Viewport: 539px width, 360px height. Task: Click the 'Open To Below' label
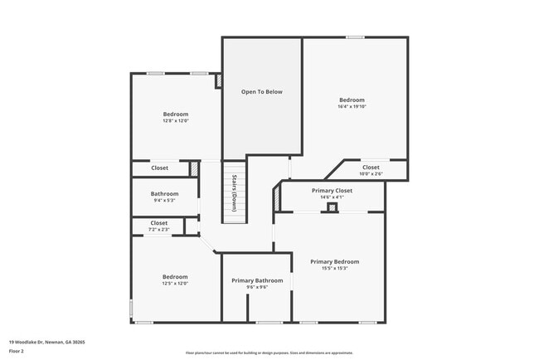pos(262,91)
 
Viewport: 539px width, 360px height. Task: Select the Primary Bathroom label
pos(255,280)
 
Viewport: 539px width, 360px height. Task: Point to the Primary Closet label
pos(332,191)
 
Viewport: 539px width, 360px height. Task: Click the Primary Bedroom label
pos(334,261)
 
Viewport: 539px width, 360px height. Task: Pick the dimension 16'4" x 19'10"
pos(352,107)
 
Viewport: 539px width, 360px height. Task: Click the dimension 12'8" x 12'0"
pos(175,121)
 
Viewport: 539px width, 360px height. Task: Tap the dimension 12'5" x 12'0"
pos(175,284)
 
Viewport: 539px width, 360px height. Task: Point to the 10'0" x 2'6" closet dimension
pos(371,174)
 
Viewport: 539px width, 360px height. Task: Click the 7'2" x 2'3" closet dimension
pos(158,229)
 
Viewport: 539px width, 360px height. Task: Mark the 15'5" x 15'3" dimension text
pos(334,268)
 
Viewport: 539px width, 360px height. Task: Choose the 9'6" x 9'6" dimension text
pos(255,287)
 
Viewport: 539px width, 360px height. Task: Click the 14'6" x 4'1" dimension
pos(332,197)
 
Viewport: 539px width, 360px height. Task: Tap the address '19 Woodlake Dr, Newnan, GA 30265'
pos(47,342)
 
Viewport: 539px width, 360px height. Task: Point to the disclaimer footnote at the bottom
pos(269,353)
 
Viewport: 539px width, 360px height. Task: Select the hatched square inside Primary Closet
pos(332,207)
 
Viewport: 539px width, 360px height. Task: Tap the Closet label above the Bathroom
pos(159,168)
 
